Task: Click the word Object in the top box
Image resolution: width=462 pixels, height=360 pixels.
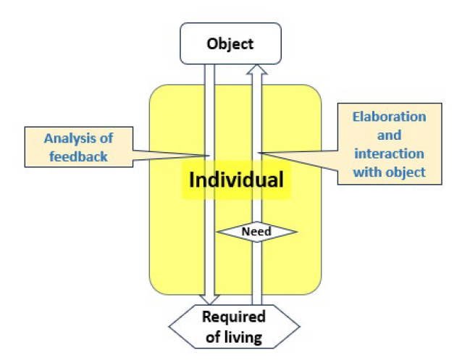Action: point(230,44)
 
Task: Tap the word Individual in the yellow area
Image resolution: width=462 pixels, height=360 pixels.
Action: point(236,180)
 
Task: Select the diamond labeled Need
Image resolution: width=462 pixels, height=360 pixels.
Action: point(256,232)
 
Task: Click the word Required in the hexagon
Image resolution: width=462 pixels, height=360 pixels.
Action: point(234,317)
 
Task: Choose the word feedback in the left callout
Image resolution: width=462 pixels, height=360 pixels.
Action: point(78,156)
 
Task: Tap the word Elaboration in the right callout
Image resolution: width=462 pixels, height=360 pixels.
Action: point(389,117)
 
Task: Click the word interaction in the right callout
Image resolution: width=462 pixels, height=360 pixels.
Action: point(389,154)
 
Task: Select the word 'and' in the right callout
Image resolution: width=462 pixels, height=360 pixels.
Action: point(389,135)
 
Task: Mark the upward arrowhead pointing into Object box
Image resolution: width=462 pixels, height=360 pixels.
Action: point(257,70)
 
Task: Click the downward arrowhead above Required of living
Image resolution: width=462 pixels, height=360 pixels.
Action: point(209,299)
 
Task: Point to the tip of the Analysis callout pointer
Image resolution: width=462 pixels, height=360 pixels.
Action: point(209,156)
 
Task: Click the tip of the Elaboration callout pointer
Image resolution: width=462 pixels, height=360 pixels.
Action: point(258,152)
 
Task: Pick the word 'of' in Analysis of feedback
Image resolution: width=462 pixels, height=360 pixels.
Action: point(106,138)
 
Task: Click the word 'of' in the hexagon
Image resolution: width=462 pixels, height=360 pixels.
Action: point(213,337)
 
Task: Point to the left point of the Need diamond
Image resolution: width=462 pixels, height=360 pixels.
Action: point(217,232)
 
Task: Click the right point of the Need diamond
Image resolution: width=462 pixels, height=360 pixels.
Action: point(297,232)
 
